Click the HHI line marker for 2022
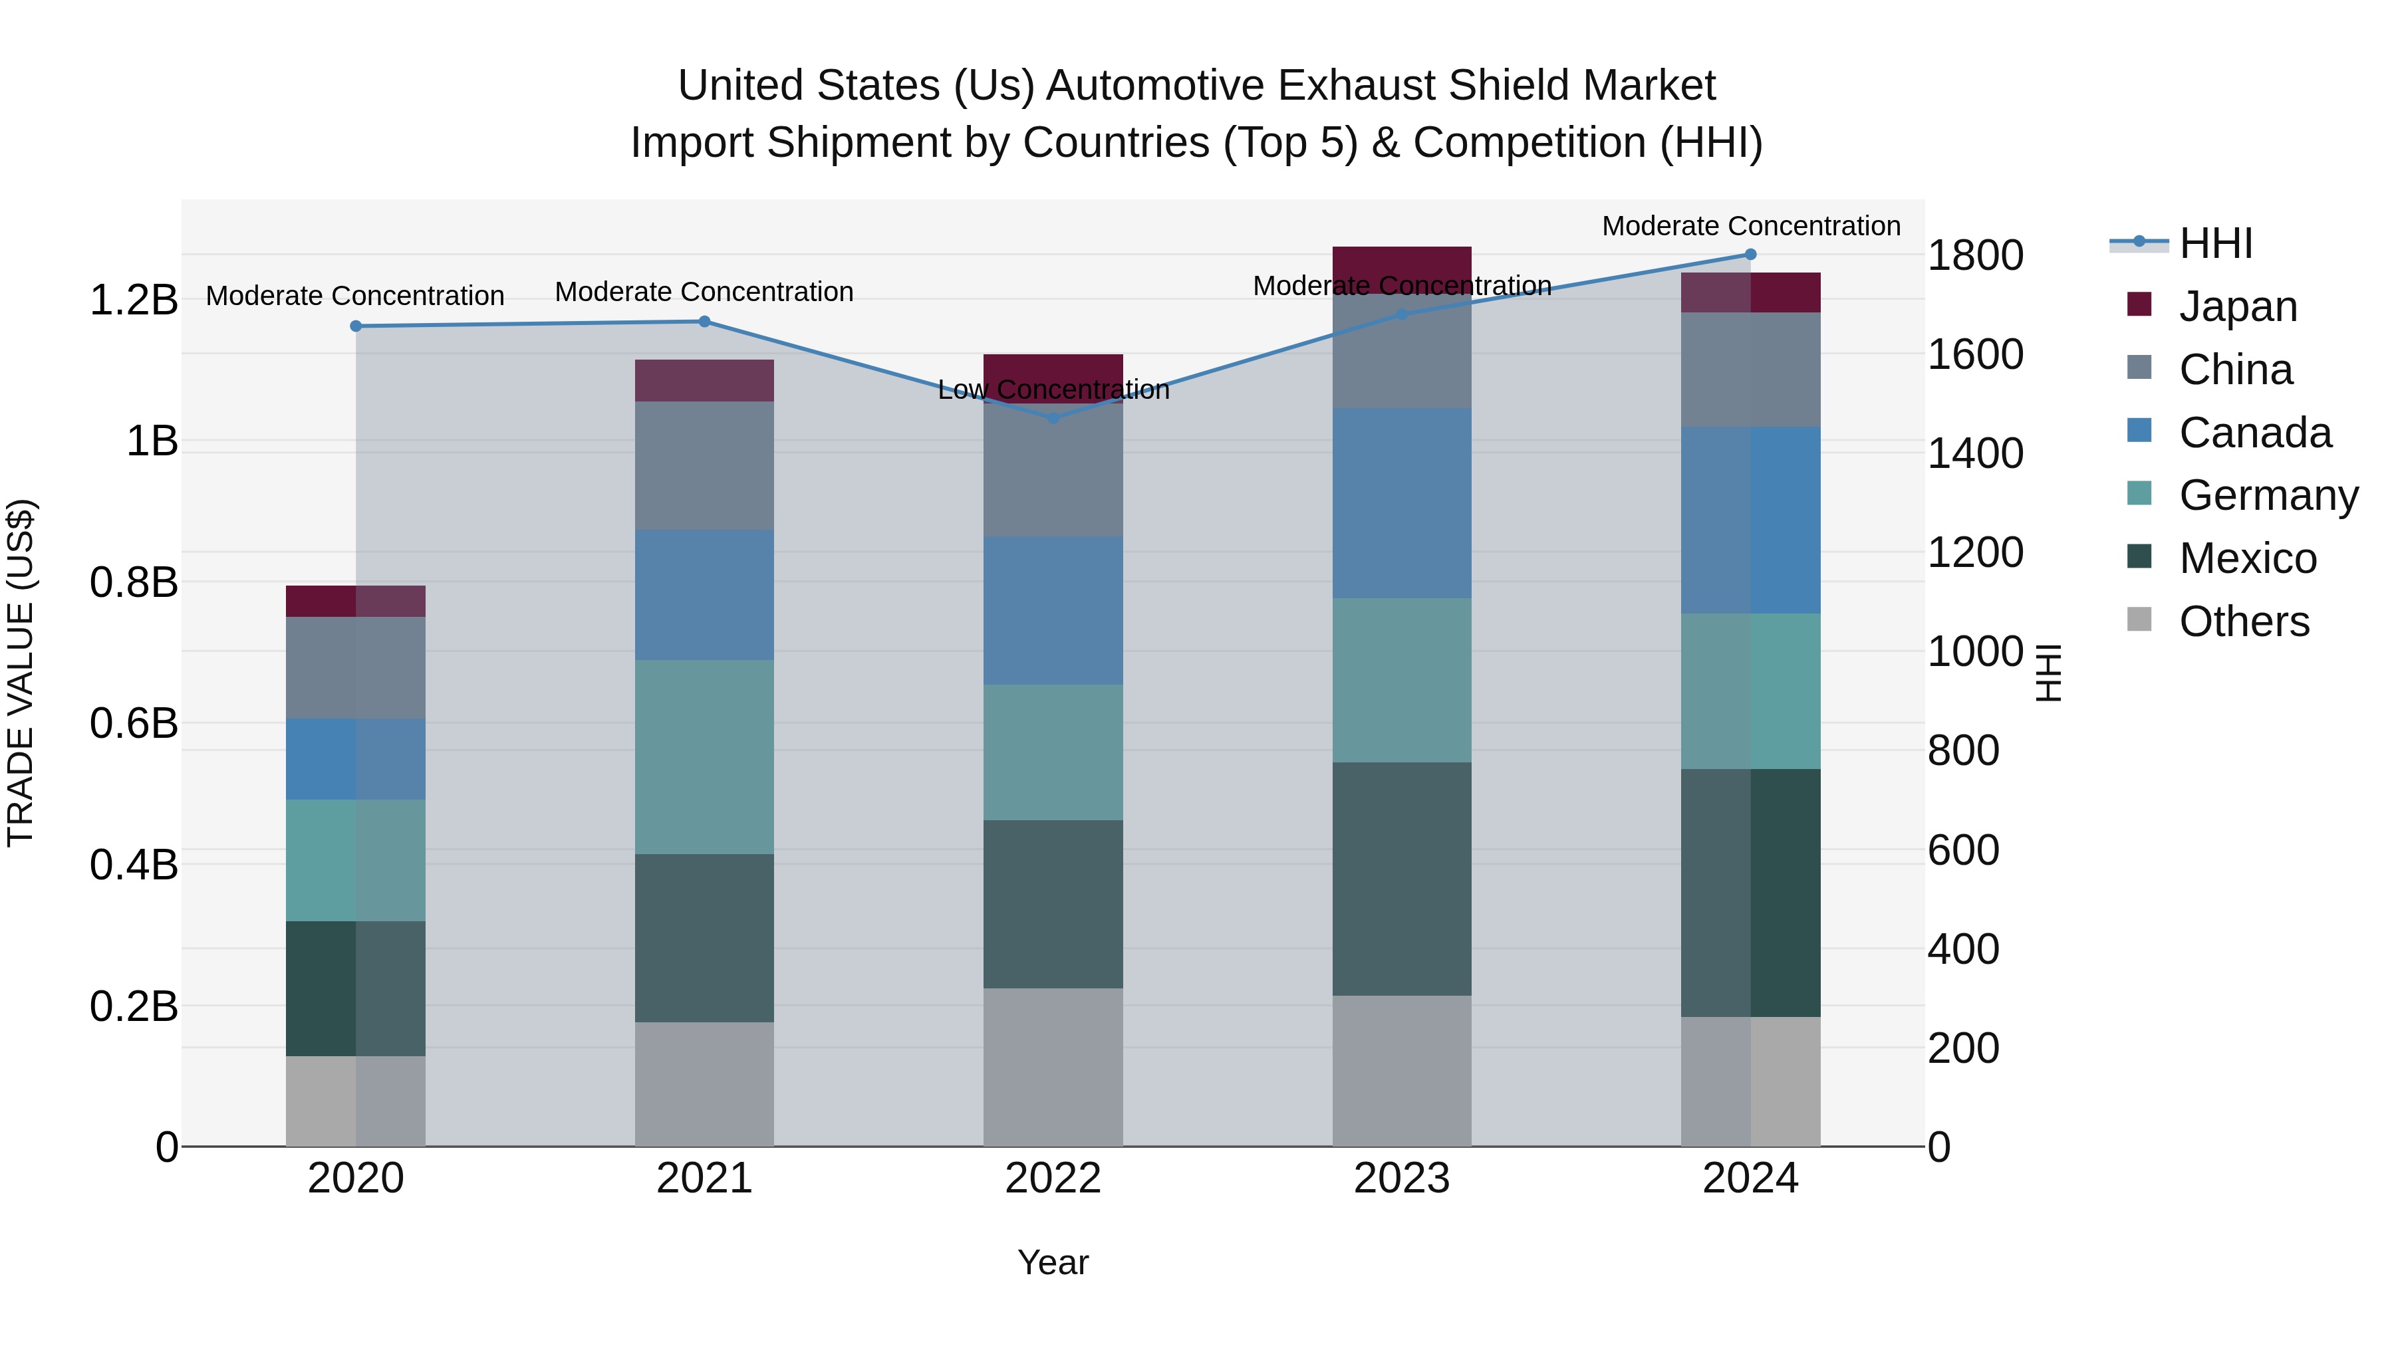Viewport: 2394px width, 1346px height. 1053,418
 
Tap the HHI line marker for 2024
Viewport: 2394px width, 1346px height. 1750,255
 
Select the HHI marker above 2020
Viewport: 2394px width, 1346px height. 356,326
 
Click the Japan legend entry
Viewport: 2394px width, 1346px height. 2237,306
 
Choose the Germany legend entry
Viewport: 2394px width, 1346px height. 2268,495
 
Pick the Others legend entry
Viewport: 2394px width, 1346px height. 2244,621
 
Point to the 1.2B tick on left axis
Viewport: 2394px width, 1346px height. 133,300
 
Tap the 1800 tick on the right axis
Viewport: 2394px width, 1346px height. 1975,255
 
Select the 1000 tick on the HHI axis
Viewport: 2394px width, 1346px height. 1975,652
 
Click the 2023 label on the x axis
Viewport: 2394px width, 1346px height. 1401,1178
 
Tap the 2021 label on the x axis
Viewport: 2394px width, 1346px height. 704,1178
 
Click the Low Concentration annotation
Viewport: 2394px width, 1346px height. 1053,390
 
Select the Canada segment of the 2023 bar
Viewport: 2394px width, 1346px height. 1401,503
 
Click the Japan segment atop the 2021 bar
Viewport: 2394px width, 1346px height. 704,380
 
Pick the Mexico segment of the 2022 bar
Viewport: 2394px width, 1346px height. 1053,904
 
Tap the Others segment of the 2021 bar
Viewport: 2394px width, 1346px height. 704,1084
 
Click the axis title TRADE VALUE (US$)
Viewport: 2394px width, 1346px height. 21,673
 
